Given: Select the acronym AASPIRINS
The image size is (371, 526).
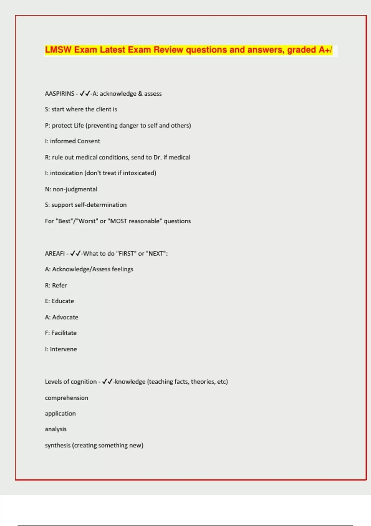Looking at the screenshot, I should (x=60, y=94).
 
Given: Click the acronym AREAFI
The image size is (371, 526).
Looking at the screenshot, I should (x=55, y=254).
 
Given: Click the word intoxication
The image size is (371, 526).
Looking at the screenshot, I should (x=66, y=173).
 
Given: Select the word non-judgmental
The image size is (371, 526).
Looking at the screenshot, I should (x=75, y=189).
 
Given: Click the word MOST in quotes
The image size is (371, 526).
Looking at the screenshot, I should (x=118, y=221).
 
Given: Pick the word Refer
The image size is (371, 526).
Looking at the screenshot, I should (x=59, y=286).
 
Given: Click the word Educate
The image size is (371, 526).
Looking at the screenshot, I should (x=63, y=301).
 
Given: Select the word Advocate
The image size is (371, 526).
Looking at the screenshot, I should (x=65, y=317).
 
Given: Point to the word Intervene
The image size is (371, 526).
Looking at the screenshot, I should (x=63, y=349).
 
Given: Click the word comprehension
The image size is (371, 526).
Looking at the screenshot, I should (x=66, y=398).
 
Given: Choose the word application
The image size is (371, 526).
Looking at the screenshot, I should (x=60, y=414).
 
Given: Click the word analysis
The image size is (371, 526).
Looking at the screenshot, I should (x=56, y=429).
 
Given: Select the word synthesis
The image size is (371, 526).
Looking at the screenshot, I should (x=58, y=446).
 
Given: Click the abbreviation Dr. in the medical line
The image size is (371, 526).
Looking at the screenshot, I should (x=157, y=157).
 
